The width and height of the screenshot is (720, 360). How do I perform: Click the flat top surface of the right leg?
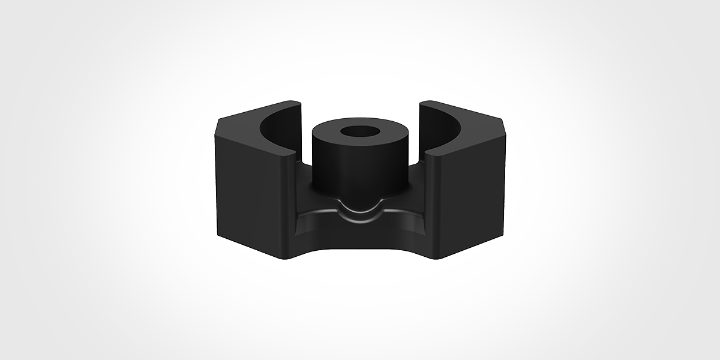480,120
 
